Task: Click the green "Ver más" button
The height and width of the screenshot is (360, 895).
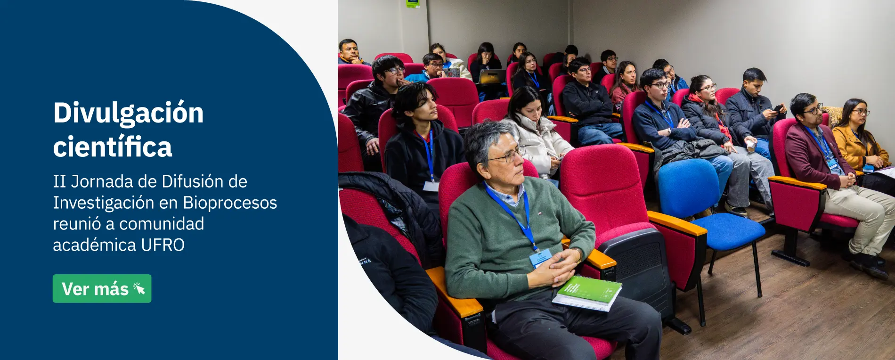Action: coord(102,288)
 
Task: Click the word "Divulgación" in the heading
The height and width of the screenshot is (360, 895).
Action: coord(128,114)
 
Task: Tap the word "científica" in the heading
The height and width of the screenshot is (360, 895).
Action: coord(113,147)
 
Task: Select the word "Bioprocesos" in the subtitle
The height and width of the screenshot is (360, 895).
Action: coord(230,203)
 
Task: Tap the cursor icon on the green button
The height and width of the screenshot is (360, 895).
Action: coord(139,288)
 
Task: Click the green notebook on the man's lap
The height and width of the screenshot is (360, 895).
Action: coord(587,293)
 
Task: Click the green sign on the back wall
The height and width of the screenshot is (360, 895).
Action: coord(413,3)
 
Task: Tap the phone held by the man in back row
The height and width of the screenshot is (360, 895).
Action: coord(778,108)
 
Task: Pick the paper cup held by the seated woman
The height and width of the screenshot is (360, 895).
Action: coord(750,145)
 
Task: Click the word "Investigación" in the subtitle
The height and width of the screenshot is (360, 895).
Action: coord(104,203)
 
